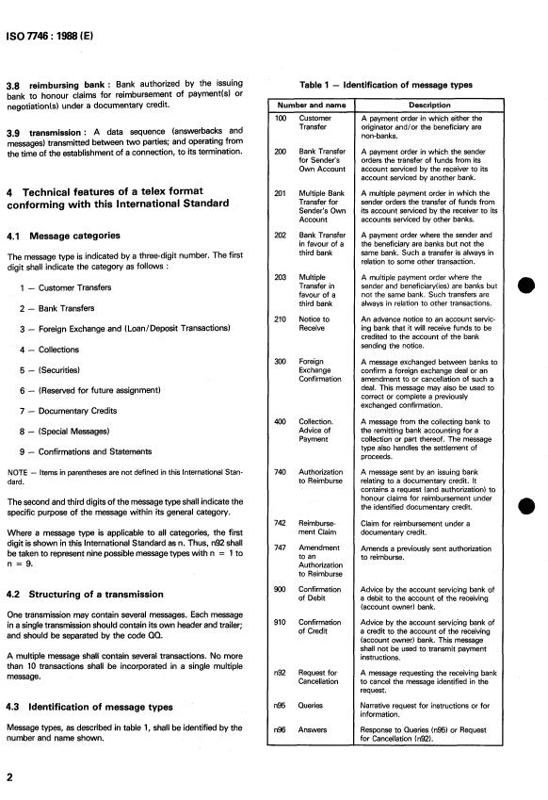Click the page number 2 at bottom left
pos(9,778)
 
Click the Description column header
pos(429,104)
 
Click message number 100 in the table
pos(280,118)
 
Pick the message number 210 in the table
pos(280,319)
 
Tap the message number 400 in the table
pos(280,420)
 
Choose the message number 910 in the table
pos(280,648)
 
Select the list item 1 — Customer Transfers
pos(71,287)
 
